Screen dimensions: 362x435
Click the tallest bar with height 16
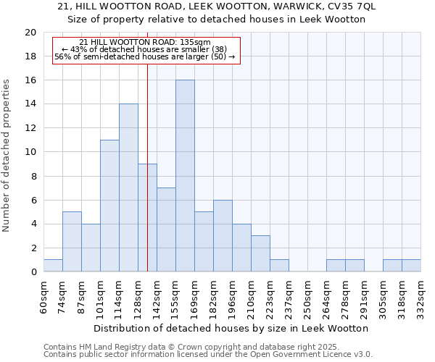[185, 176]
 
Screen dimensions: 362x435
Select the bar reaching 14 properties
[128, 188]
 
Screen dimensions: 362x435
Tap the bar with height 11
[109, 206]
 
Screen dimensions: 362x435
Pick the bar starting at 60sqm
[53, 266]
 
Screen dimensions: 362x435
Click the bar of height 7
[166, 230]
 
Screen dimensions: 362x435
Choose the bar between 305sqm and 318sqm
[392, 266]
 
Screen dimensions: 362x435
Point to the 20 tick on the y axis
[30, 33]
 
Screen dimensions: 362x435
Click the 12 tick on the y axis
[30, 128]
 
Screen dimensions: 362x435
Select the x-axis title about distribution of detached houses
[231, 328]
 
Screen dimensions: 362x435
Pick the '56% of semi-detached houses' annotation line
[144, 56]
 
